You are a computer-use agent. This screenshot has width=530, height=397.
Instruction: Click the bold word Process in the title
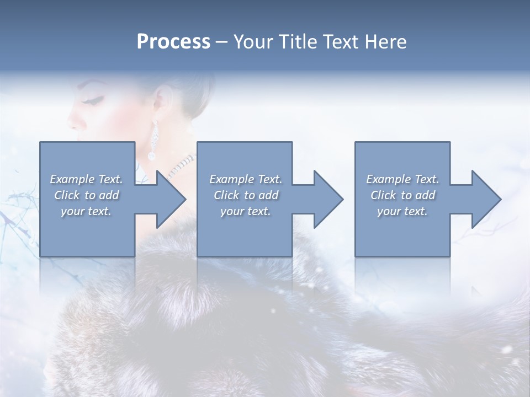pyautogui.click(x=173, y=42)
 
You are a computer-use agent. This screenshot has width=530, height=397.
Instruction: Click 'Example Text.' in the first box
pyautogui.click(x=86, y=179)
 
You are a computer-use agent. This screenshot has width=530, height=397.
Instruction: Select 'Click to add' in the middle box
pyautogui.click(x=246, y=195)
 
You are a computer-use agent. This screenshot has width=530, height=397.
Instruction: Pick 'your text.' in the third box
pyautogui.click(x=402, y=211)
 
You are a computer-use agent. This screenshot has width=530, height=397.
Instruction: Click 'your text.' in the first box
pyautogui.click(x=86, y=211)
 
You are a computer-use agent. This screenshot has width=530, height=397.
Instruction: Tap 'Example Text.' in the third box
pyautogui.click(x=402, y=179)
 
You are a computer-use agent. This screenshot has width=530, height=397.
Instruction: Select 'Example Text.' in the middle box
pyautogui.click(x=246, y=179)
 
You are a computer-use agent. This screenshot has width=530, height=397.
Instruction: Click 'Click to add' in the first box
pyautogui.click(x=86, y=195)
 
